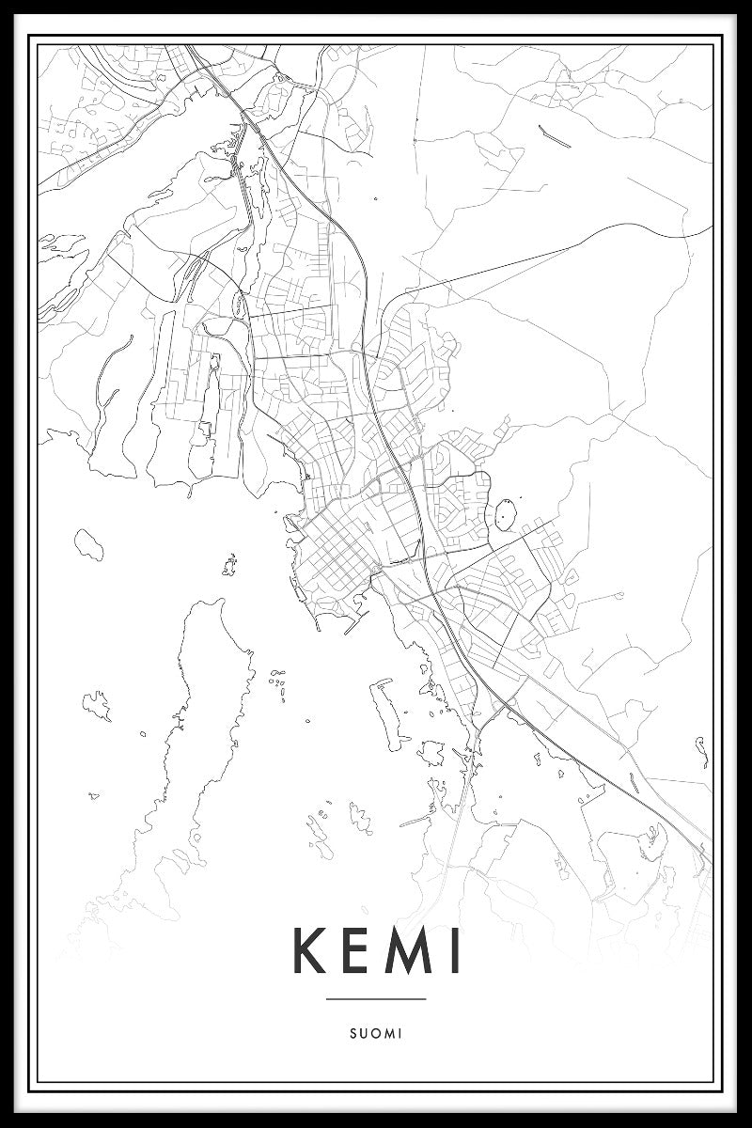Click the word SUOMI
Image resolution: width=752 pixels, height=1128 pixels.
pyautogui.click(x=376, y=1033)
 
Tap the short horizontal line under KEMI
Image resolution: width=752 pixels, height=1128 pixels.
pyautogui.click(x=376, y=998)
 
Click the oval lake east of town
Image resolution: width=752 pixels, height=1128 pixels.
pyautogui.click(x=506, y=515)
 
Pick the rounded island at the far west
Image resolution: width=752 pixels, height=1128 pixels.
pyautogui.click(x=89, y=542)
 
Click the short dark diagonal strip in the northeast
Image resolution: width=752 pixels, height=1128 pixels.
pyautogui.click(x=554, y=137)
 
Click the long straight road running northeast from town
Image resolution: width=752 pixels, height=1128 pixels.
pyautogui.click(x=526, y=254)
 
